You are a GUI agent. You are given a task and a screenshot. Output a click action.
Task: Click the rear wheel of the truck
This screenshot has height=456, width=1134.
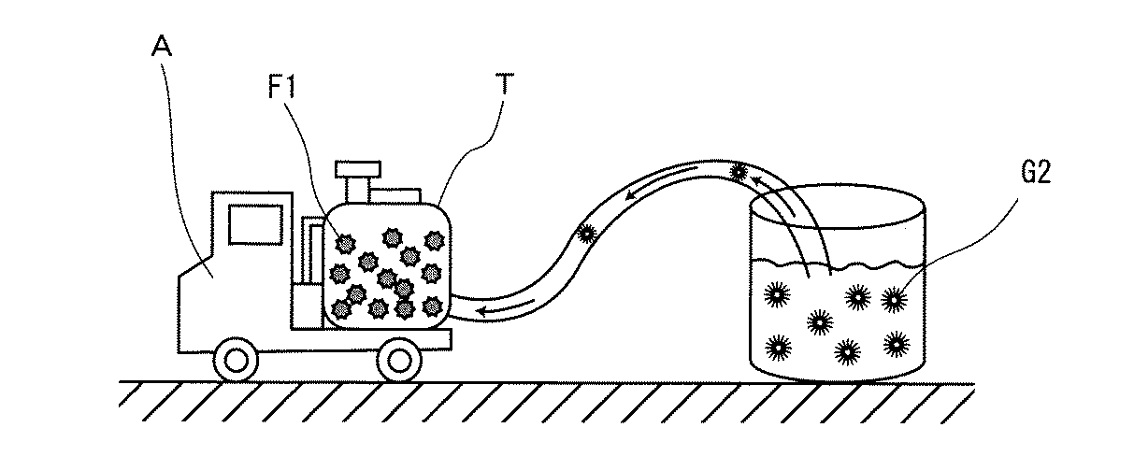[x=399, y=359]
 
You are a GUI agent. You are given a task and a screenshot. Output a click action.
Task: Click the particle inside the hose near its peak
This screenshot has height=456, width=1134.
[x=739, y=171]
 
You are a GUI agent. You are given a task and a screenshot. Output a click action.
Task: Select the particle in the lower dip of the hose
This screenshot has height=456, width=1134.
[x=586, y=234]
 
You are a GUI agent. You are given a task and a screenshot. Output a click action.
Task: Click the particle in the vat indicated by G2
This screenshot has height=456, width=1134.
[x=895, y=299]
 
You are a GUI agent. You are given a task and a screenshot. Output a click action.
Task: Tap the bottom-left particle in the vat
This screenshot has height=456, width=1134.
[x=775, y=348]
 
